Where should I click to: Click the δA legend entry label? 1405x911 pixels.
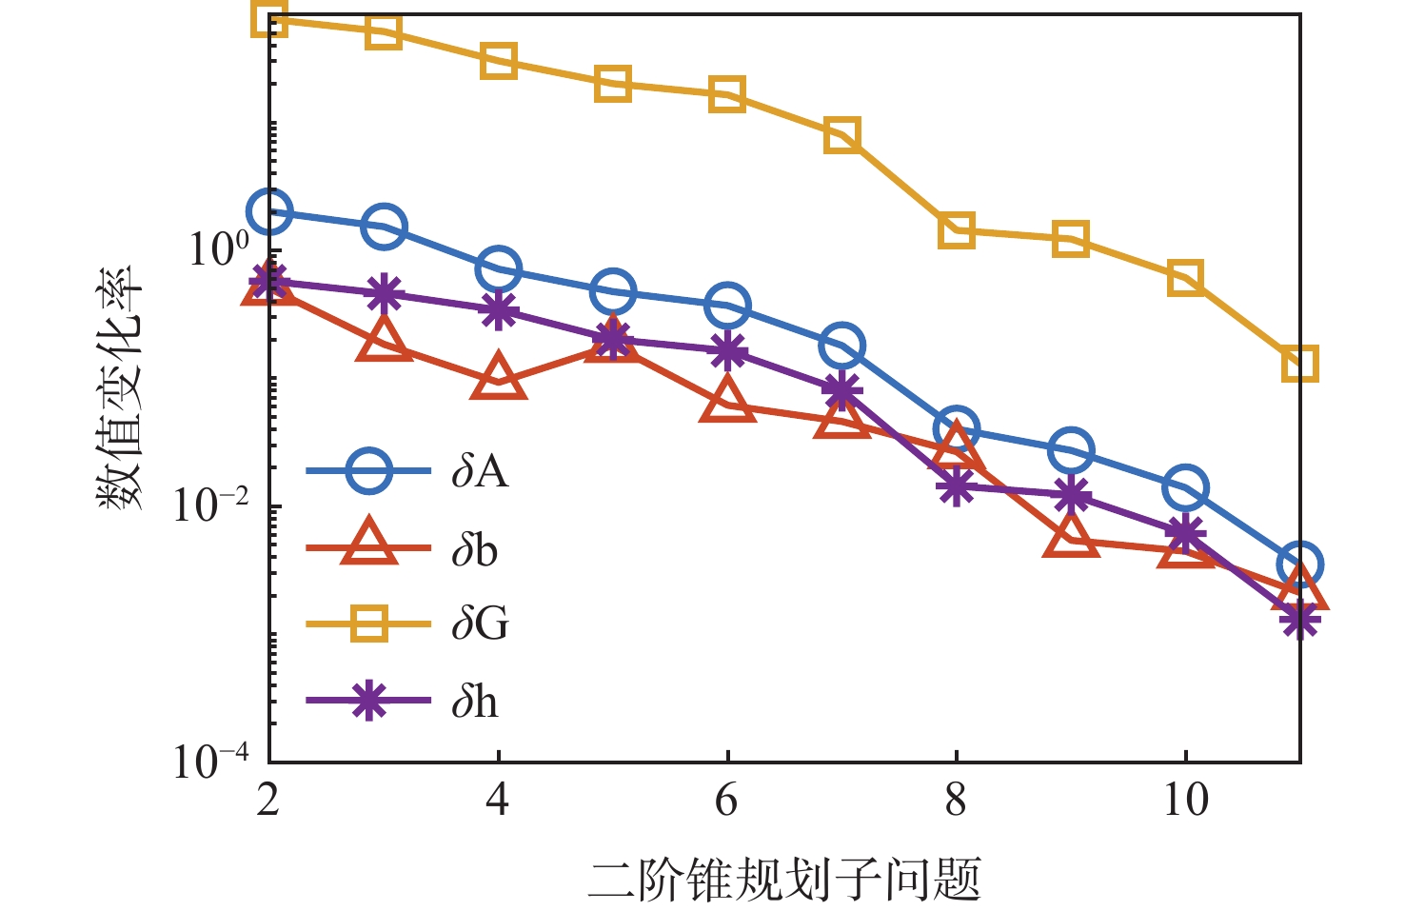pos(480,470)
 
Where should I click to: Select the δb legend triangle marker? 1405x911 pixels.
pos(367,545)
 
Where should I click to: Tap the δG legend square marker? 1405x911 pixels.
pos(367,624)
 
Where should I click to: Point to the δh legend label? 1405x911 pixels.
pos(475,703)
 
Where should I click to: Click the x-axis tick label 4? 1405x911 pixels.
pos(498,800)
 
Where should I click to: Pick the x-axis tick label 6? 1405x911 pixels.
pos(727,800)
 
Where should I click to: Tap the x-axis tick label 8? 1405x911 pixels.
pos(956,800)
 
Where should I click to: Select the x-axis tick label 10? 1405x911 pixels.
pos(1185,800)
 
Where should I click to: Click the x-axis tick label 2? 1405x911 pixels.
pos(268,800)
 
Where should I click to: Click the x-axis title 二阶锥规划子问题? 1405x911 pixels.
pos(783,879)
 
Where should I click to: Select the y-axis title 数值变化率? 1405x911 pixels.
pos(121,386)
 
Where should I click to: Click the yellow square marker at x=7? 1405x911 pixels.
pos(842,135)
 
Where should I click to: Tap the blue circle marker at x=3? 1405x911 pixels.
pos(384,227)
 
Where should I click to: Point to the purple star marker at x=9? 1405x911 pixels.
pos(1071,495)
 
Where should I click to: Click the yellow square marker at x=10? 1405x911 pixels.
pos(1185,278)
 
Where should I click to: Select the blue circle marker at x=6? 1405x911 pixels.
pos(727,306)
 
